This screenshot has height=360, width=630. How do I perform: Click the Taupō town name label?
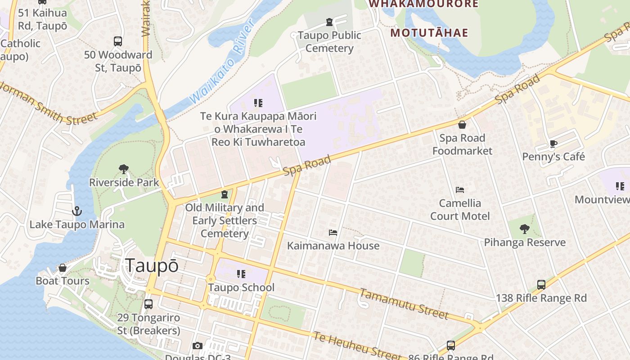(152, 265)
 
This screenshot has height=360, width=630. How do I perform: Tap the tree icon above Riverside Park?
(124, 169)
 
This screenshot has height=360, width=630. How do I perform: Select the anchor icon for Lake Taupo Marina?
(77, 211)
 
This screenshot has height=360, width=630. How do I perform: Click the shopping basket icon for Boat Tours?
(63, 268)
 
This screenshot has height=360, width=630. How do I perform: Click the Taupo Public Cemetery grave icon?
(329, 22)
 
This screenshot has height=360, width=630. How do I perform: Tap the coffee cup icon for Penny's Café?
(553, 144)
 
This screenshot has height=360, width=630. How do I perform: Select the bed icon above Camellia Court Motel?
(460, 190)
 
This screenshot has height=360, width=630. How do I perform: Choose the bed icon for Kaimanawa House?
(333, 233)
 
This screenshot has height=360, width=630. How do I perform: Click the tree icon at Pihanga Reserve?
(524, 229)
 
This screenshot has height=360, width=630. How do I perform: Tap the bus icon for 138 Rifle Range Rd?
(541, 285)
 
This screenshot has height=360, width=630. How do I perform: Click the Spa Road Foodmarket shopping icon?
(462, 125)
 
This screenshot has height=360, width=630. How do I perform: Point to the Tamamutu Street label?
(404, 304)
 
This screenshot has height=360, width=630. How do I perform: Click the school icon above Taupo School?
(241, 274)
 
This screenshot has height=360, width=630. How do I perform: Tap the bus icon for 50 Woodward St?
(118, 41)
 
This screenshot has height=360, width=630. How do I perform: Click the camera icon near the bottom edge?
(197, 346)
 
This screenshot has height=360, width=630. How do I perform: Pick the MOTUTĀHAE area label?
(429, 33)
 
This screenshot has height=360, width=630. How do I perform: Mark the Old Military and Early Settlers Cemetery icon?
(224, 194)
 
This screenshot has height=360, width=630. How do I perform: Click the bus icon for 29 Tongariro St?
(148, 304)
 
